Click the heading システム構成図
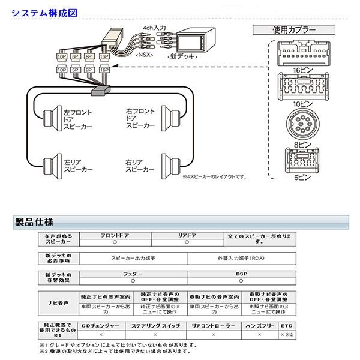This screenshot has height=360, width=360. (x=38, y=11)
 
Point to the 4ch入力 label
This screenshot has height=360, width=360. (x=153, y=28)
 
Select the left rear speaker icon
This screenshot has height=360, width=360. (x=47, y=165)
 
